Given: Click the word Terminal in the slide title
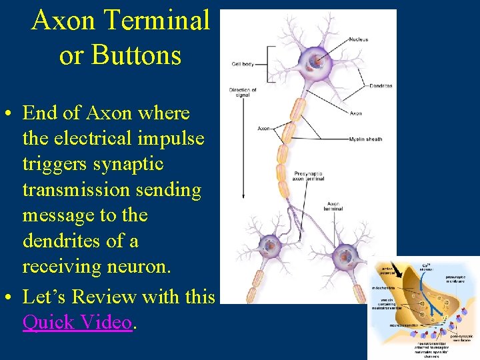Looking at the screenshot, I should click(x=166, y=21).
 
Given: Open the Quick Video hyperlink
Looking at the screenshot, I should click(x=77, y=322).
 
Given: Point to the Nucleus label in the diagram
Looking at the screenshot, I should click(x=358, y=39).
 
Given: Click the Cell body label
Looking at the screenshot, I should click(x=243, y=64).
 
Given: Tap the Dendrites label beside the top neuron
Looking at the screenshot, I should click(x=379, y=85).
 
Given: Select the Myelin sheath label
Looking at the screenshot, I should click(x=365, y=139).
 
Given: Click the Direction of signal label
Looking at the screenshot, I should click(x=243, y=93).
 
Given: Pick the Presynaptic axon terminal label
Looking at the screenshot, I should click(x=309, y=176).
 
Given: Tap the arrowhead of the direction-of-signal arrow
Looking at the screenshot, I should click(x=242, y=198).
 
